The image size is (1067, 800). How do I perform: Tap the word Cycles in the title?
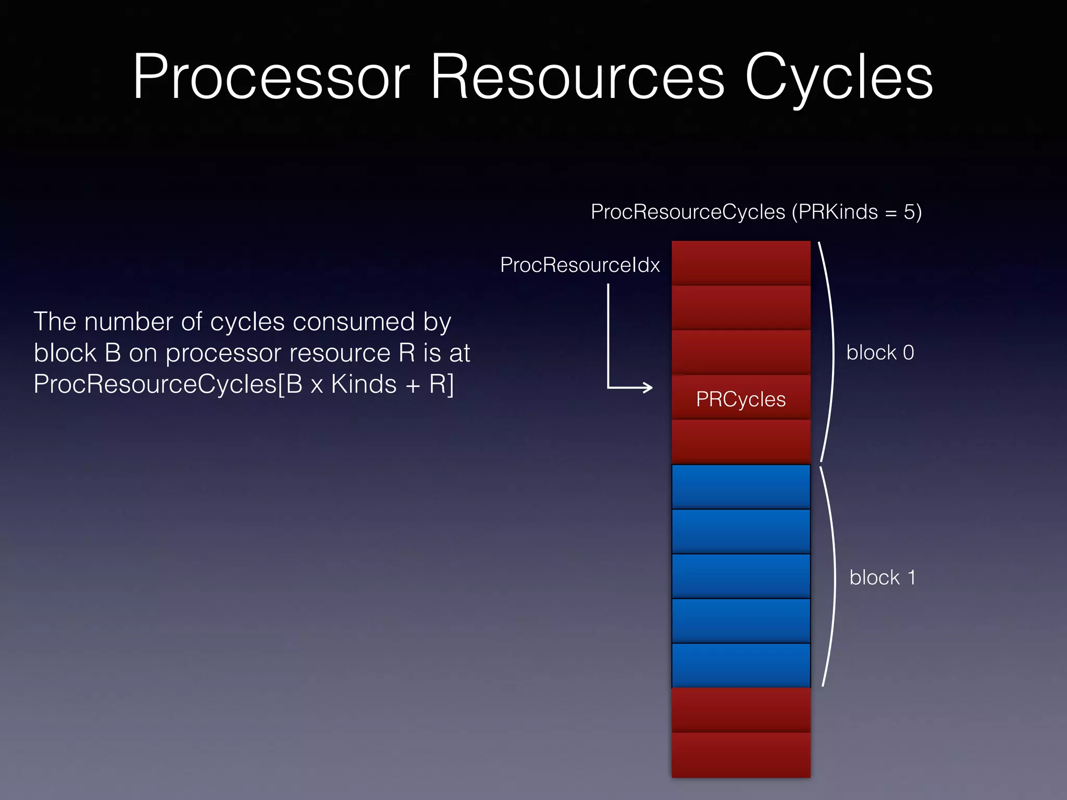point(838,78)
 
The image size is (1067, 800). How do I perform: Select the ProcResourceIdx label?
point(579,265)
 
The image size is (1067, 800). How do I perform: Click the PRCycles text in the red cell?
point(740,399)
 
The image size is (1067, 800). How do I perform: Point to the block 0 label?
point(880,353)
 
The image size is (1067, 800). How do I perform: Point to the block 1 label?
point(882,578)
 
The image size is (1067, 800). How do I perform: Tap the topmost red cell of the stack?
point(740,262)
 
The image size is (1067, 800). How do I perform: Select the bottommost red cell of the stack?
point(740,755)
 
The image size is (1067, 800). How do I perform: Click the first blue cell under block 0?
point(740,486)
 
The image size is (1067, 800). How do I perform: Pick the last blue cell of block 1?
point(740,665)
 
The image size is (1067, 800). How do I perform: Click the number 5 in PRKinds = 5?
point(909,212)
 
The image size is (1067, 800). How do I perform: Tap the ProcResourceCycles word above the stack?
point(688,212)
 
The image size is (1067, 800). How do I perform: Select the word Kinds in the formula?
point(364,384)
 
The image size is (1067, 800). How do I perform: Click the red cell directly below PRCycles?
point(740,442)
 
